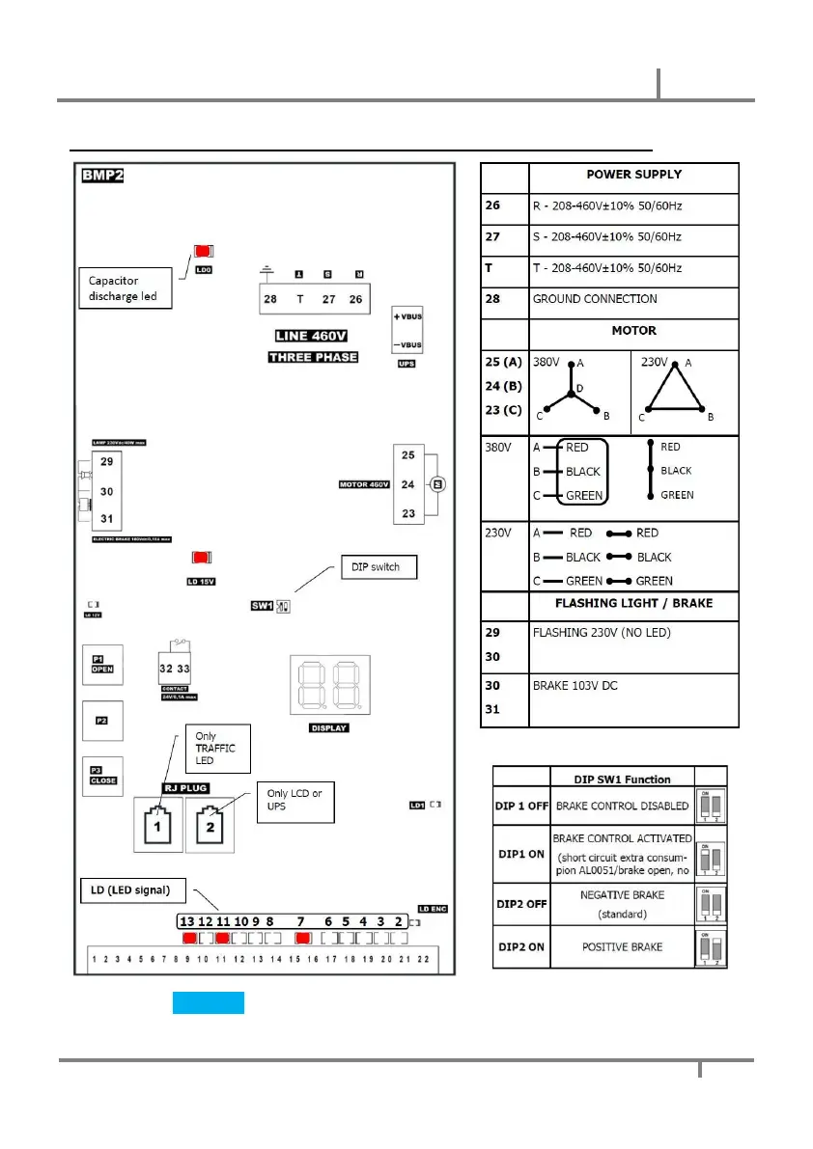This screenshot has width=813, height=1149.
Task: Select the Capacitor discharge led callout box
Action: (124, 288)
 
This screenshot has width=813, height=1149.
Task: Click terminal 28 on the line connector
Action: (270, 299)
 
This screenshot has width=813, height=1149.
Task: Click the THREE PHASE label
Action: (312, 357)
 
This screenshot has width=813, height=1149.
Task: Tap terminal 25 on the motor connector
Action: (407, 454)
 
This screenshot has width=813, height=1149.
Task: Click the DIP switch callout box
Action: (379, 568)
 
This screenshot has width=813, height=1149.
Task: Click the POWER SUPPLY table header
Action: (633, 175)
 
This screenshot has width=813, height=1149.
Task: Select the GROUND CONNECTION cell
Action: (633, 299)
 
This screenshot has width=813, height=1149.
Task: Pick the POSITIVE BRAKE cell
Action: (621, 946)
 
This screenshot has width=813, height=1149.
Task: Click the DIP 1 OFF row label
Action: (521, 806)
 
